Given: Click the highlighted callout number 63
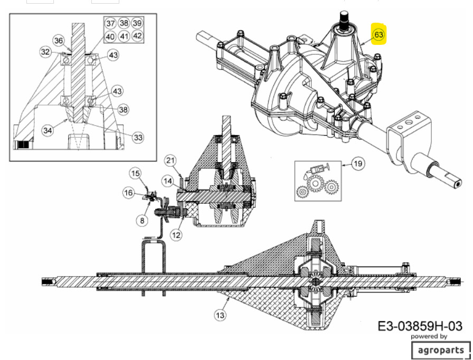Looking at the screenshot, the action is point(379,35).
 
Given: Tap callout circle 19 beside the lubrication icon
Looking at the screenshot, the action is point(358,164).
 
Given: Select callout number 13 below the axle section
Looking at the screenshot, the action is point(220,315).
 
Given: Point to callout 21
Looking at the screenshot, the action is point(171,160).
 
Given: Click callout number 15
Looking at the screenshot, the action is point(136,173).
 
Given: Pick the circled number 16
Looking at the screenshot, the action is point(129,193).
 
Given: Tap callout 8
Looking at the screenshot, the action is point(142,221).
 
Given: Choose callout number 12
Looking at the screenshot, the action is point(176,234).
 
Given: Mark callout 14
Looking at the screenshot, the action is point(168,181).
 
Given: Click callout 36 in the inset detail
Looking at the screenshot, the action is point(59,41).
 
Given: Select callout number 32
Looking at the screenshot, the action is point(45,52).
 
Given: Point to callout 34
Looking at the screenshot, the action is point(48,130).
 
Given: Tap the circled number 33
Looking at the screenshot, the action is point(138,137).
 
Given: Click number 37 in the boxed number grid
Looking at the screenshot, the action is point(110,24).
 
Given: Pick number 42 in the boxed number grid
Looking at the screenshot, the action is point(137,36).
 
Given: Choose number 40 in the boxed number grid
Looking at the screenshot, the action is point(110,36).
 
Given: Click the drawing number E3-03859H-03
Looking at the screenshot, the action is point(420,326).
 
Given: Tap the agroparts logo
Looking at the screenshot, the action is point(441,350).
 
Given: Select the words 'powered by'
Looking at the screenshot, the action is point(429,336).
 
